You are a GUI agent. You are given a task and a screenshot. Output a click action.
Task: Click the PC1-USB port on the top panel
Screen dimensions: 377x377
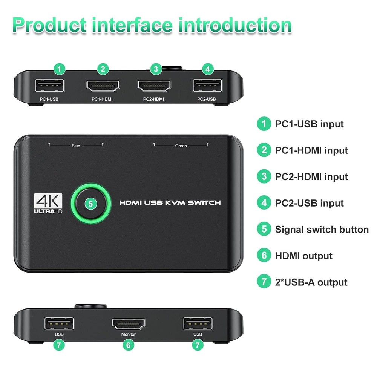pyautogui.click(x=49, y=86)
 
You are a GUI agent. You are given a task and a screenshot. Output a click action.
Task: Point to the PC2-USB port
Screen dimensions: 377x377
pyautogui.click(x=207, y=86)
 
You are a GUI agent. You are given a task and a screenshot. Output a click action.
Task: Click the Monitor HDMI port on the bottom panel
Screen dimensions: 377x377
pyautogui.click(x=128, y=323)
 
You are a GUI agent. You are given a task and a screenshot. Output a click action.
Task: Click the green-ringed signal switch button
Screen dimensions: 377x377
pyautogui.click(x=91, y=204)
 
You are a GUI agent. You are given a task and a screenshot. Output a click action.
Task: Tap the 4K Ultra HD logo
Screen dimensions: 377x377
pyautogui.click(x=48, y=204)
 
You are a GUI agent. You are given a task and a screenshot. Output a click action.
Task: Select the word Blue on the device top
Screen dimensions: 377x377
pyautogui.click(x=76, y=146)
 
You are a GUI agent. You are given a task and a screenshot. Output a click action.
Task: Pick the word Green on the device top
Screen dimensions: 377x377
pyautogui.click(x=181, y=146)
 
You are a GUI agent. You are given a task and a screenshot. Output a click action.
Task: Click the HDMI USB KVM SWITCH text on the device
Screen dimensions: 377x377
pyautogui.click(x=170, y=203)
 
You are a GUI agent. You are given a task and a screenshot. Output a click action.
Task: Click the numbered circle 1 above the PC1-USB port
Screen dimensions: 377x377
pyautogui.click(x=60, y=69)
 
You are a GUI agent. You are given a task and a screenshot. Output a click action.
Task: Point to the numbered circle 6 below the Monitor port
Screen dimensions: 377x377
pyautogui.click(x=129, y=344)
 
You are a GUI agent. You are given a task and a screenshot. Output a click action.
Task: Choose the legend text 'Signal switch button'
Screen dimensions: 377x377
pyautogui.click(x=322, y=230)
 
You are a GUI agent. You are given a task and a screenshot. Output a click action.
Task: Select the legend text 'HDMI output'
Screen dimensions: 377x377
pyautogui.click(x=303, y=256)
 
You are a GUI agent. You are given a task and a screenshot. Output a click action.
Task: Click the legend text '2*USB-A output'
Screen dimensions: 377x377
pyautogui.click(x=311, y=282)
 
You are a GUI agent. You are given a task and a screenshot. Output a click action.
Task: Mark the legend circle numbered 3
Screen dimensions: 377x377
pyautogui.click(x=264, y=176)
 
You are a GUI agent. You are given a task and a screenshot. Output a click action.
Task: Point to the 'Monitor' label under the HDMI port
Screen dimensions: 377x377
pyautogui.click(x=128, y=334)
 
